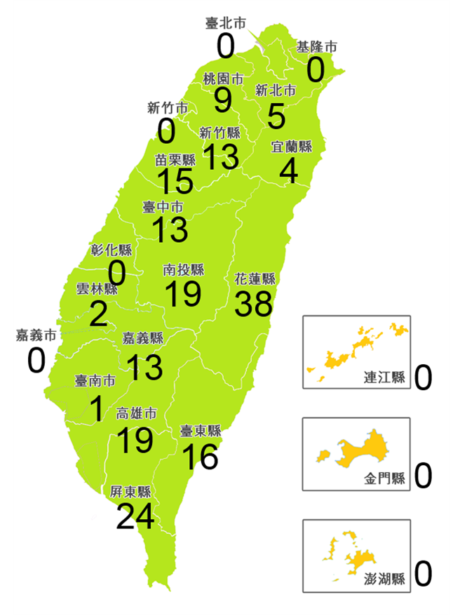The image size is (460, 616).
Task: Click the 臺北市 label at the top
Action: pyautogui.click(x=226, y=23)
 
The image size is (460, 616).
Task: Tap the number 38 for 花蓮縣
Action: pyautogui.click(x=254, y=303)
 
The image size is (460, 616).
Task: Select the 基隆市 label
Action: pyautogui.click(x=316, y=47)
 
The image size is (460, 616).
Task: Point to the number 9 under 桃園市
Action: pyautogui.click(x=223, y=100)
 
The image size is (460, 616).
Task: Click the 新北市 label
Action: pyautogui.click(x=275, y=91)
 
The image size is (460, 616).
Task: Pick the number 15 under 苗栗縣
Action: pyautogui.click(x=175, y=182)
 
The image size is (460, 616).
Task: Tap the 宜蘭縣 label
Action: pyautogui.click(x=292, y=147)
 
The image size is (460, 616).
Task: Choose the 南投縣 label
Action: pyautogui.click(x=184, y=270)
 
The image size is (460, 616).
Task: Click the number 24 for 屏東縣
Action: pyautogui.click(x=135, y=517)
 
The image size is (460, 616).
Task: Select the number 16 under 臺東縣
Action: pyautogui.click(x=201, y=457)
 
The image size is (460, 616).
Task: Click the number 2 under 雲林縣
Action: pyautogui.click(x=98, y=314)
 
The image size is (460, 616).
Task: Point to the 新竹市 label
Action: pyautogui.click(x=167, y=108)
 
